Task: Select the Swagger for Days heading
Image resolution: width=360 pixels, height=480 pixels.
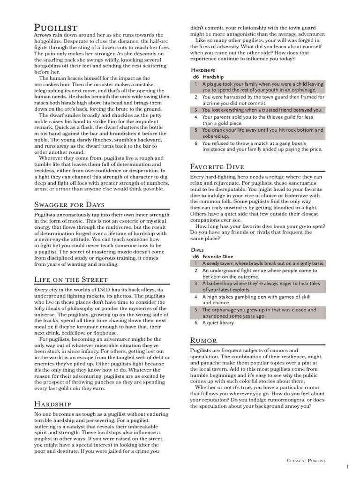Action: coord(69,204)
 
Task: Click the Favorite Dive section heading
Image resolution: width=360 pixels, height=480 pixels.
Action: coord(217,166)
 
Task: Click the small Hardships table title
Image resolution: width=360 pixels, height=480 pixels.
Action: coord(203,69)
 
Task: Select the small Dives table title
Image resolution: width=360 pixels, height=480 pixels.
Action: coord(197,250)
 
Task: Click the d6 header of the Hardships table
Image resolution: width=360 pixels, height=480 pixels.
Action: coord(195,76)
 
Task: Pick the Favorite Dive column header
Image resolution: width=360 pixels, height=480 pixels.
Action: coord(217,257)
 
